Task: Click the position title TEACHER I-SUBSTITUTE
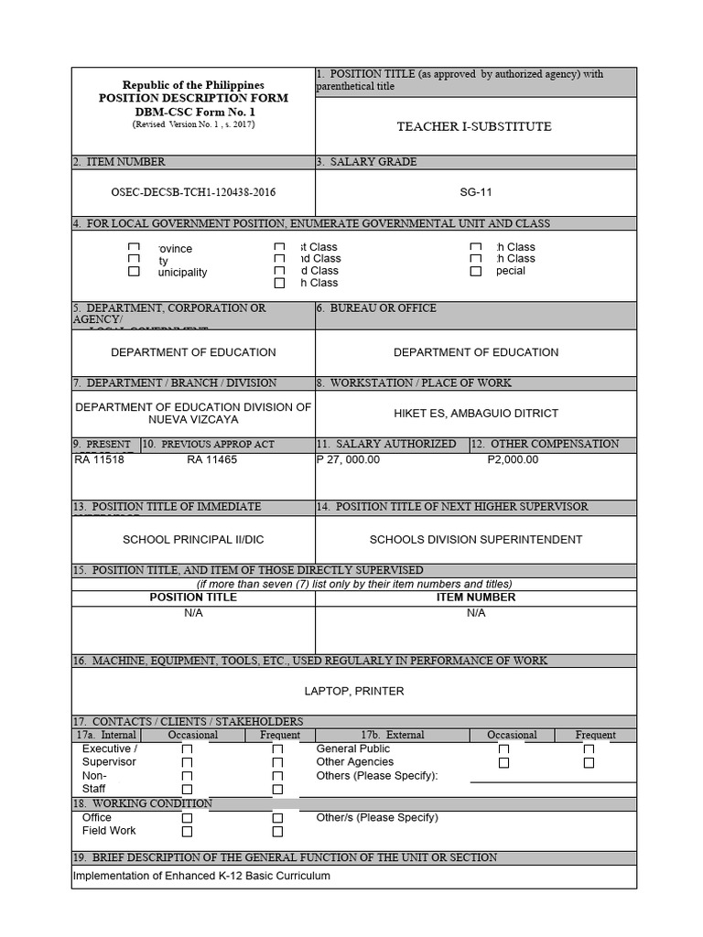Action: pos(473,126)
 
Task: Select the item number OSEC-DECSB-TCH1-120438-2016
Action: pos(193,192)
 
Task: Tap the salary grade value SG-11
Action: pos(475,192)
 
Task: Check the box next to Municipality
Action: pos(135,272)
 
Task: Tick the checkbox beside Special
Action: pos(475,272)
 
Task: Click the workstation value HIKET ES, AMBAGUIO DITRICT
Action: pos(475,413)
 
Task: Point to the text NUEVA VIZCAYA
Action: pos(193,420)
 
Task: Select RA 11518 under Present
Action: pos(99,459)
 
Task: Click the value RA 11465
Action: pos(211,459)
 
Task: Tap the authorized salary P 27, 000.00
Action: pos(348,459)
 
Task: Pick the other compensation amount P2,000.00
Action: pos(513,459)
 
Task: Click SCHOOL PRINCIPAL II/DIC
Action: pos(193,539)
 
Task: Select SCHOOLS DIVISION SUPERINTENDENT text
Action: pos(475,539)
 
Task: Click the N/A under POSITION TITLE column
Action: pos(193,612)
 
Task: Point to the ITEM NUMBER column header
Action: pos(475,597)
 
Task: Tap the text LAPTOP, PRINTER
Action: pos(353,691)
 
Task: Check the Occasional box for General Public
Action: pos(503,749)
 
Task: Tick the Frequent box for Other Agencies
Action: pos(589,762)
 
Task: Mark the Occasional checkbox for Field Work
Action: pos(187,832)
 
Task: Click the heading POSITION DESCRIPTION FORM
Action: pos(193,98)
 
